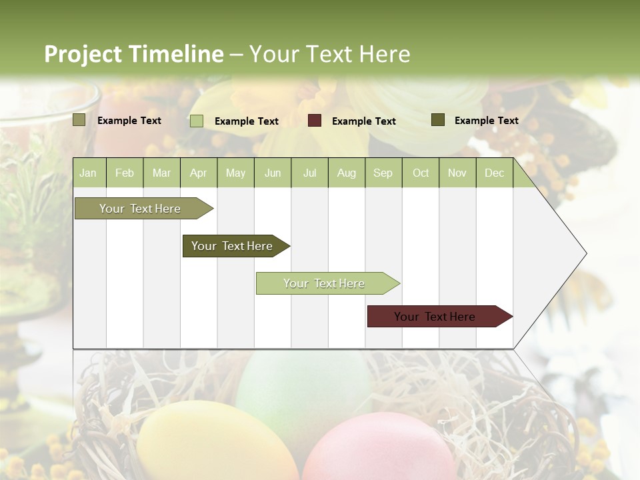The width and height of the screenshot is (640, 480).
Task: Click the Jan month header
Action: pyautogui.click(x=89, y=173)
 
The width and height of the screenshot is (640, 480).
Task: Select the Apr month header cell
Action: pyautogui.click(x=199, y=173)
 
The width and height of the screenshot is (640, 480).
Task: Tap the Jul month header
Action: pyautogui.click(x=309, y=173)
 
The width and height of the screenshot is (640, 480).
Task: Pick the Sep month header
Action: pyautogui.click(x=383, y=173)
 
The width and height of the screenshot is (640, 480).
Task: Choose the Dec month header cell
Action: pyautogui.click(x=494, y=173)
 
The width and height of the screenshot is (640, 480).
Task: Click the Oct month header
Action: pyautogui.click(x=421, y=173)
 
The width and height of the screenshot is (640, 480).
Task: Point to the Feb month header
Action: pyautogui.click(x=125, y=173)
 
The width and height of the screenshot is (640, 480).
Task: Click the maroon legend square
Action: pyautogui.click(x=315, y=121)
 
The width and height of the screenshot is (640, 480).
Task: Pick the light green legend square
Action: pyautogui.click(x=197, y=121)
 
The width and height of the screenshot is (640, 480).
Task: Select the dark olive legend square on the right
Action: pyautogui.click(x=438, y=120)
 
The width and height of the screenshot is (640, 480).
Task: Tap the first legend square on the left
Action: pyautogui.click(x=79, y=120)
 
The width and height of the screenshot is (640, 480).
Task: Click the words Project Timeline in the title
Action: pyautogui.click(x=133, y=54)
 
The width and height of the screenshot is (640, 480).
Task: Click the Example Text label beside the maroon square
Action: pyautogui.click(x=363, y=121)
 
